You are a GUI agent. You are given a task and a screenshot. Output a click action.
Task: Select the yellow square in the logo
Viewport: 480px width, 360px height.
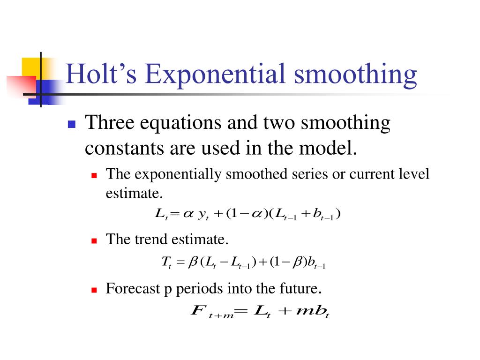pyautogui.click(x=30, y=67)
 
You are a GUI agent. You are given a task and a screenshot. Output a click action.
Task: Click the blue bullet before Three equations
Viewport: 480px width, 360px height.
pyautogui.click(x=72, y=125)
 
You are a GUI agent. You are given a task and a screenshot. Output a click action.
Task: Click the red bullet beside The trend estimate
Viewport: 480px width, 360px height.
pyautogui.click(x=94, y=241)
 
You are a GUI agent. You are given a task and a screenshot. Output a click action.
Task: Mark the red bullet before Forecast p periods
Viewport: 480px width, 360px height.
pyautogui.click(x=94, y=290)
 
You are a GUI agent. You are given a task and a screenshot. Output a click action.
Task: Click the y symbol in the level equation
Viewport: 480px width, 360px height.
pyautogui.click(x=203, y=215)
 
